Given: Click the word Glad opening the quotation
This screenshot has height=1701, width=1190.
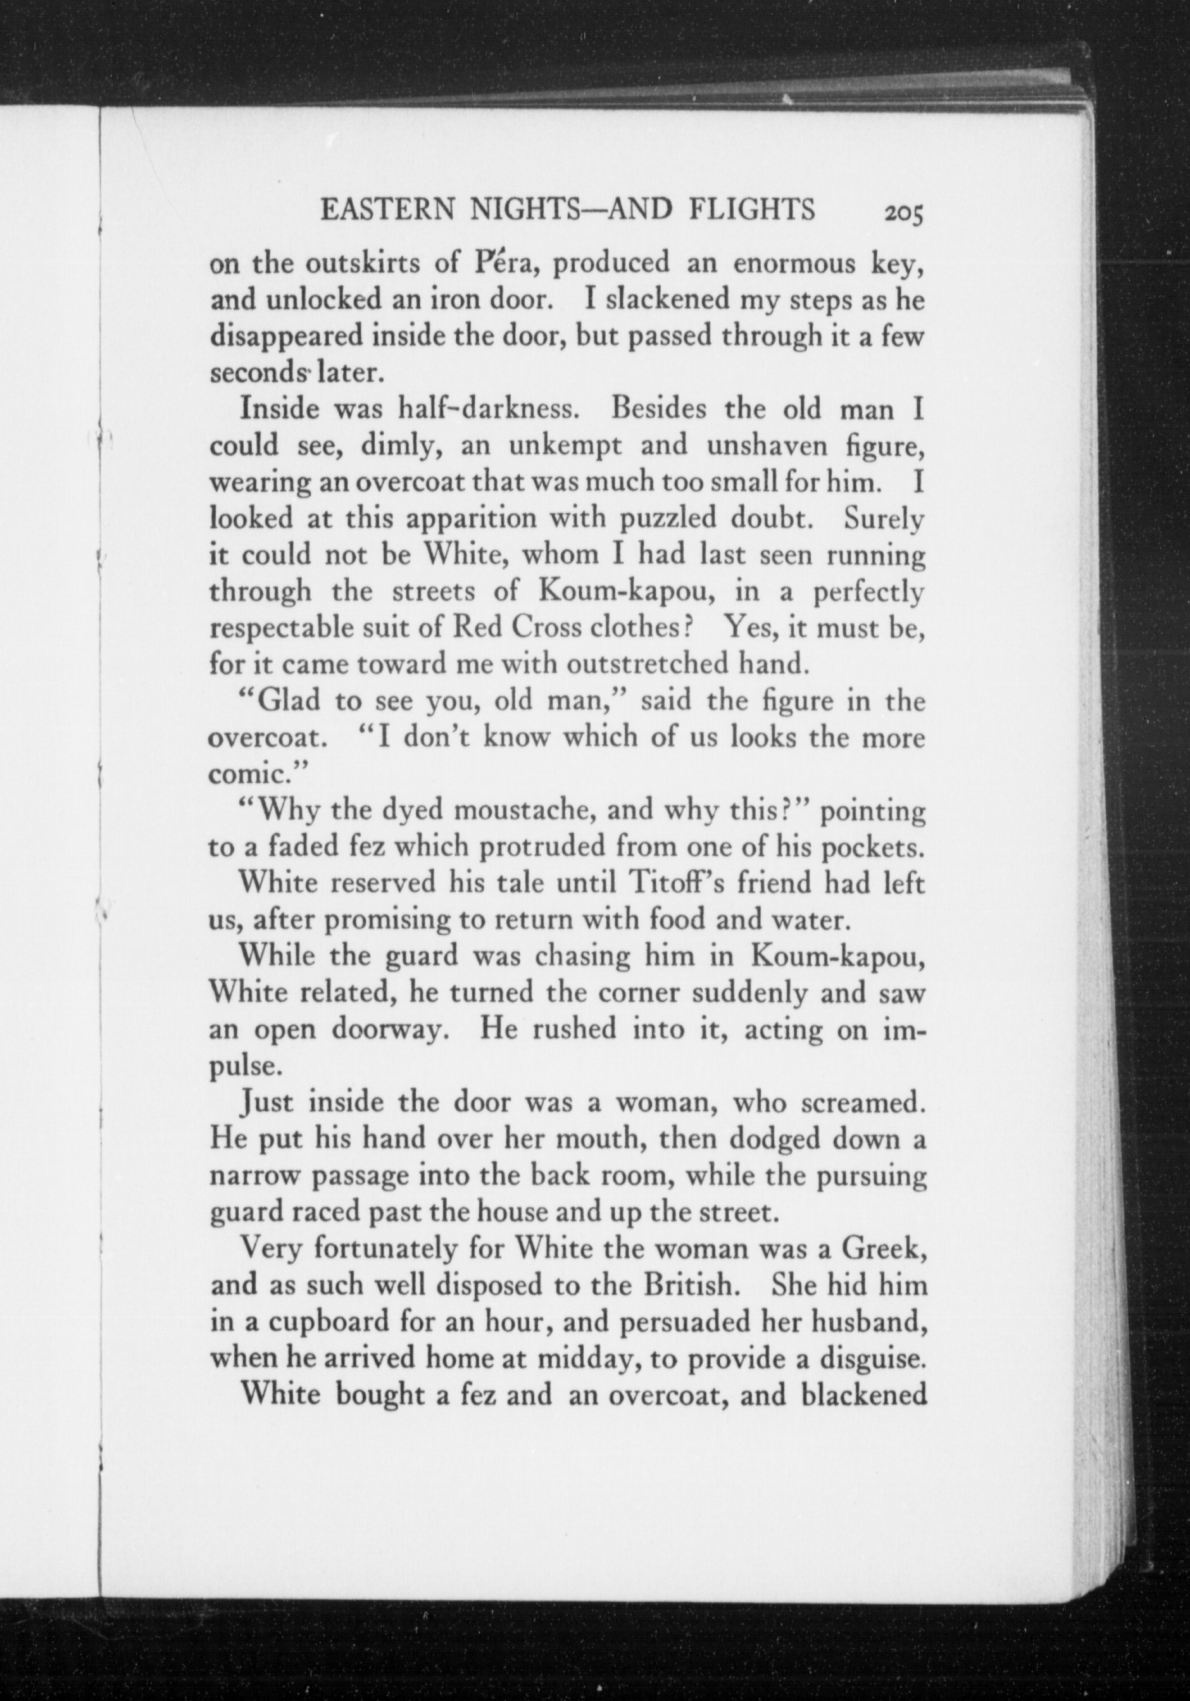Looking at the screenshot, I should [285, 701].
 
